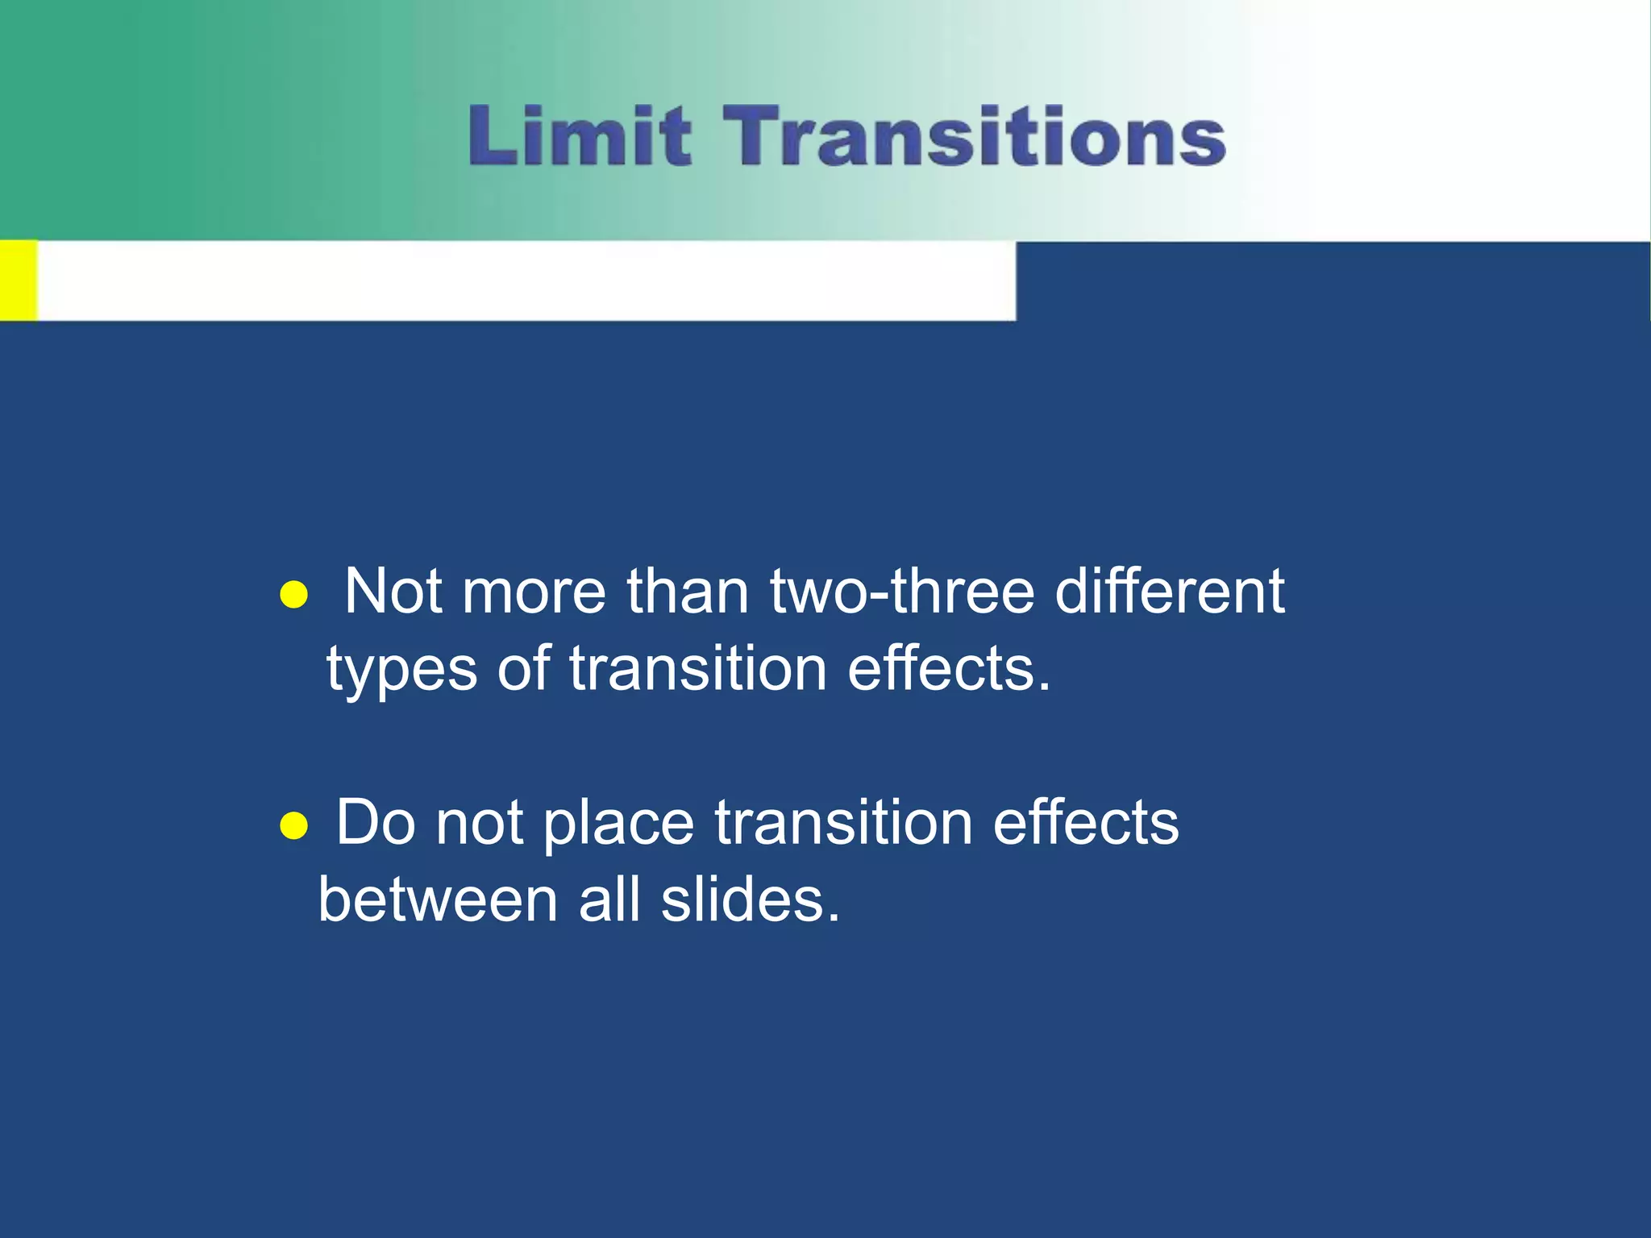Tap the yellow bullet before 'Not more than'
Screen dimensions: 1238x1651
tap(293, 596)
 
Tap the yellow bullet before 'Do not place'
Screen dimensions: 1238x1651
tap(293, 826)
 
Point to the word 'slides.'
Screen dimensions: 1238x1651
tap(751, 899)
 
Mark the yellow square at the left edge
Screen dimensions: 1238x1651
tap(18, 280)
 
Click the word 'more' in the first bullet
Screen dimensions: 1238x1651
tap(533, 592)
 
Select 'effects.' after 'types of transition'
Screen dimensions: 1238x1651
tap(950, 668)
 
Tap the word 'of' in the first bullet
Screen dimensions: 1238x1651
tap(523, 668)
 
